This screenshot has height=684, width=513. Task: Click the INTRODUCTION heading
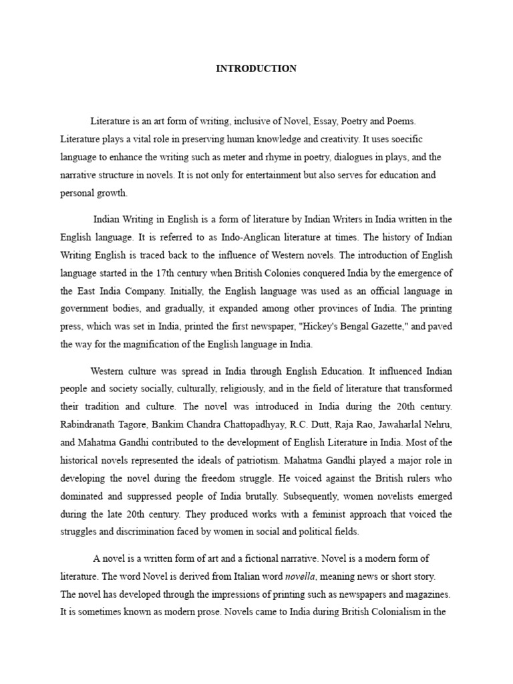(256, 69)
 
